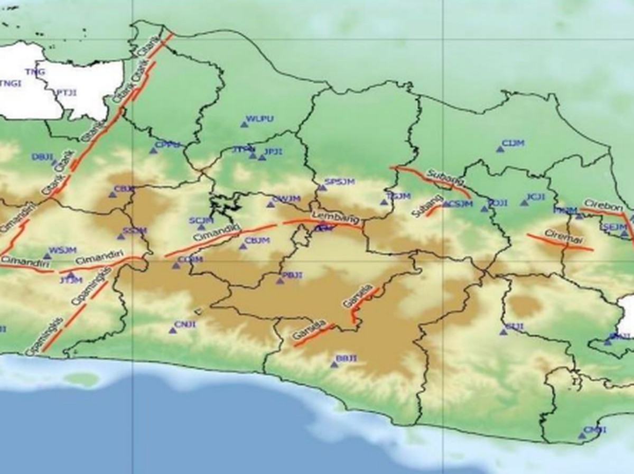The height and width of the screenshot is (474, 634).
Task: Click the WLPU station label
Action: [x=260, y=118]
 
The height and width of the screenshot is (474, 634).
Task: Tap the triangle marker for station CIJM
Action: [x=500, y=150]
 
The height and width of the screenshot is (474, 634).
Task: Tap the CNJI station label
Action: [x=185, y=324]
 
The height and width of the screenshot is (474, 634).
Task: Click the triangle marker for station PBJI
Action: [x=280, y=281]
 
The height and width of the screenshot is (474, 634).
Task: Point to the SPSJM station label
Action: [x=339, y=182]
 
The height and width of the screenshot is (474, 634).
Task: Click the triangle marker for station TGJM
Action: [x=384, y=202]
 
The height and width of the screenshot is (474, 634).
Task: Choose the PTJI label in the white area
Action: [x=67, y=92]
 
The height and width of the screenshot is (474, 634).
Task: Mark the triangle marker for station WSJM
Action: [x=46, y=256]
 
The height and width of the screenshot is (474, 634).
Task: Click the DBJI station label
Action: [x=43, y=156]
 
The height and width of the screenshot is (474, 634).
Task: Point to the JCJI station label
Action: [x=536, y=197]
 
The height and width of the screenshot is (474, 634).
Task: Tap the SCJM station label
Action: [x=201, y=220]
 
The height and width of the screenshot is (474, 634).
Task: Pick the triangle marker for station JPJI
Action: [x=262, y=157]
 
